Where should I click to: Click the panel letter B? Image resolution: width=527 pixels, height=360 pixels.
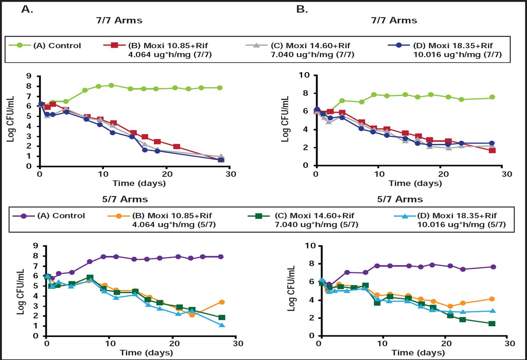tap(302, 9)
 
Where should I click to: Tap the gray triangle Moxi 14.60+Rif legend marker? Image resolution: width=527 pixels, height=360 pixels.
tap(256, 45)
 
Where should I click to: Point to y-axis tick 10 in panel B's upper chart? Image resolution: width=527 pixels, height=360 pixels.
tap(308, 75)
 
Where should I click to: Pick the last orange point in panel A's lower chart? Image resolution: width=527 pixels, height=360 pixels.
tap(222, 302)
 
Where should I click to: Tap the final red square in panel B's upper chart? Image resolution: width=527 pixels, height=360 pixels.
tap(492, 150)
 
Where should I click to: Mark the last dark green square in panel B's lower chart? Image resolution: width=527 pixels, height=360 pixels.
tap(492, 323)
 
